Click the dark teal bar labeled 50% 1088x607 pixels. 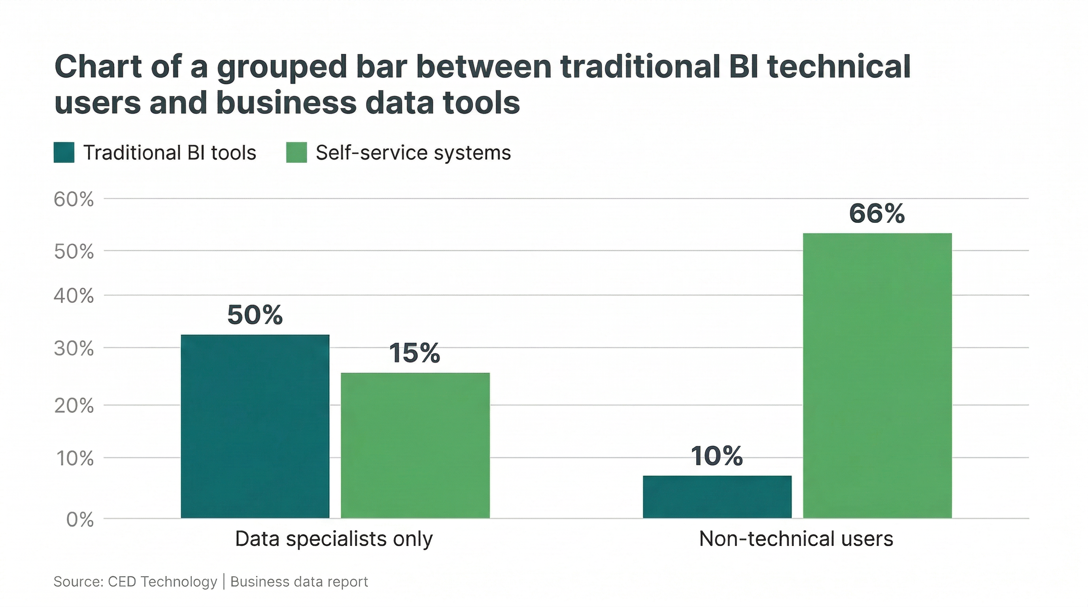tap(255, 426)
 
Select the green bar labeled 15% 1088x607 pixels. tap(415, 445)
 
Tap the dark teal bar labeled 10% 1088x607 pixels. tap(717, 497)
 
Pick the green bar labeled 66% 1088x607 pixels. tap(877, 376)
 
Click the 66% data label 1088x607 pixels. tap(877, 213)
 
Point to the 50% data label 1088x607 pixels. tap(255, 315)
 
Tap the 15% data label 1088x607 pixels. tap(414, 353)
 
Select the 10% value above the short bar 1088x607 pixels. tap(717, 456)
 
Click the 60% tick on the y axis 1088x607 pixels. tap(74, 199)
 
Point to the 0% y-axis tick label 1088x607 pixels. tap(80, 520)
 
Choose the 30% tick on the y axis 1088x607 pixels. tap(74, 349)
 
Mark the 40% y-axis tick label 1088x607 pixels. tap(74, 296)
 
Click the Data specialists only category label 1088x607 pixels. tap(334, 539)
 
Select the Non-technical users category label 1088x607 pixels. tap(796, 539)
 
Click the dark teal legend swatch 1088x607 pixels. tap(64, 153)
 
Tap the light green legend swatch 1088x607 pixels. tap(297, 153)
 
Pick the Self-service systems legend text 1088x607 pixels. tap(413, 153)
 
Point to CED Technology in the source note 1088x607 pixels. tap(162, 582)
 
